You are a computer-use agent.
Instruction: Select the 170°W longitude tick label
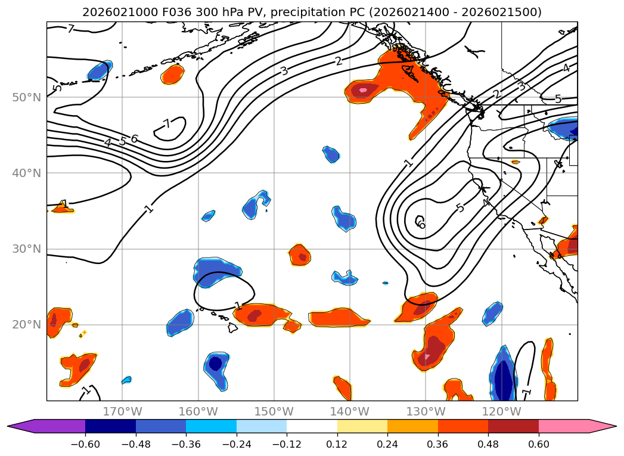point(123,411)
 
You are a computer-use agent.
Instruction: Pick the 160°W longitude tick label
point(198,411)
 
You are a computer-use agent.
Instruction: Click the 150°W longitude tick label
point(274,411)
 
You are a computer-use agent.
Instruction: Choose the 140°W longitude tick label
point(350,411)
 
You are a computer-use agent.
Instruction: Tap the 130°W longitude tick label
point(426,411)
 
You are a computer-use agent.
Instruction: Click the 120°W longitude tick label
point(501,411)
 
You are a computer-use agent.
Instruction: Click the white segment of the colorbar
point(312,426)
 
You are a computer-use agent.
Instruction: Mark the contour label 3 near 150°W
point(284,70)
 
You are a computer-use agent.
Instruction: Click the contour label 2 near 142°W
point(339,61)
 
